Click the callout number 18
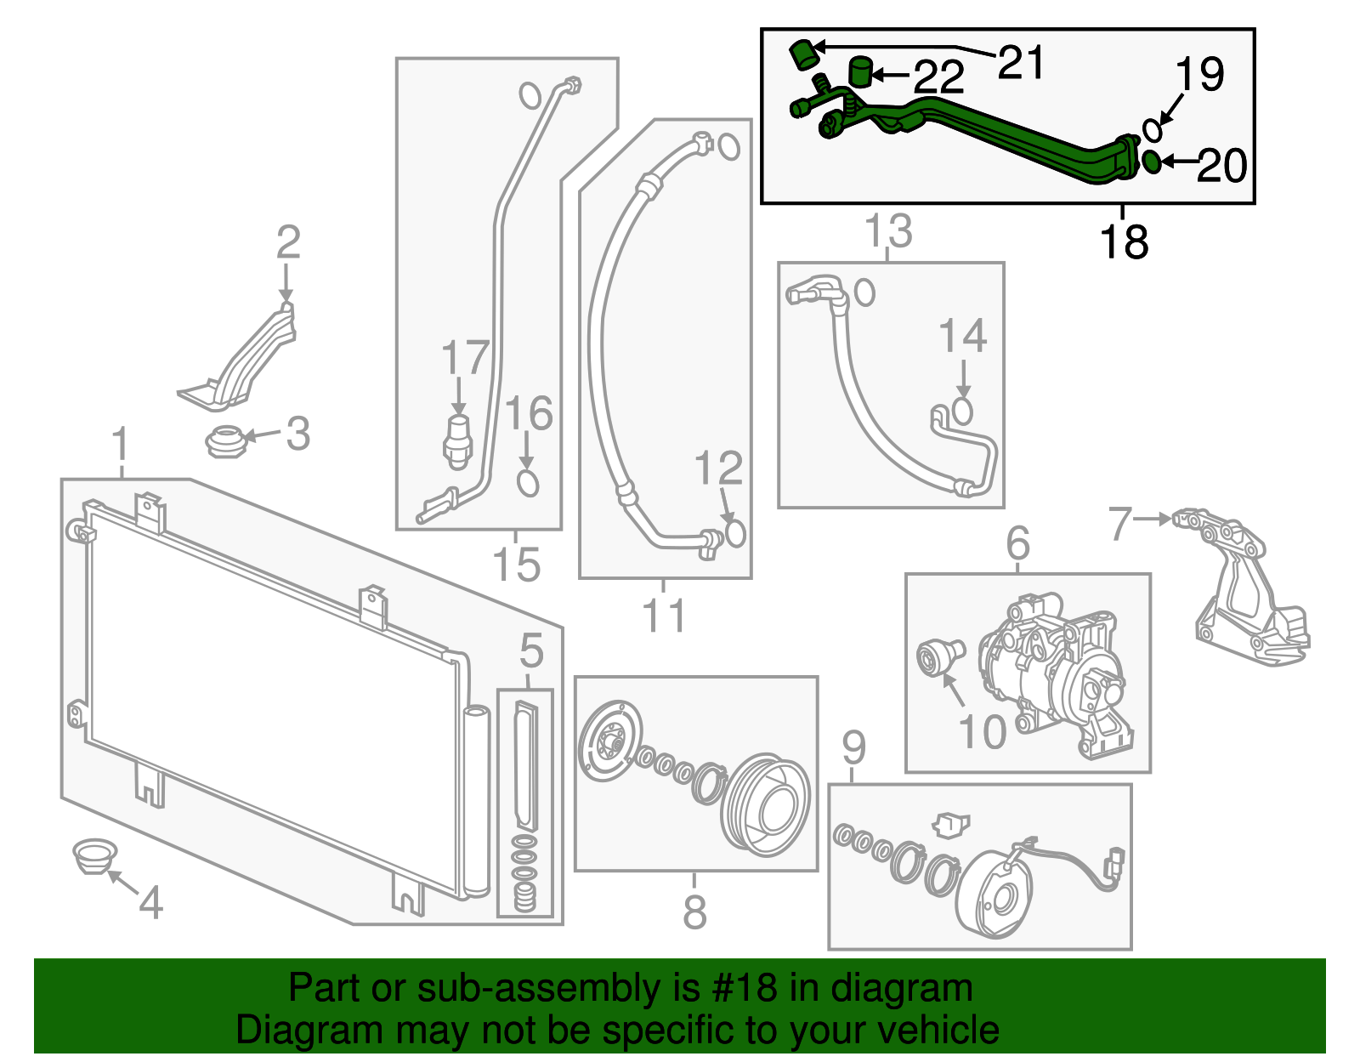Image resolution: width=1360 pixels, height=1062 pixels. tap(1124, 241)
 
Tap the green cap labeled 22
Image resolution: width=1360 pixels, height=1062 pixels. tap(861, 72)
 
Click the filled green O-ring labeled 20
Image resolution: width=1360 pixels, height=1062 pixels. tap(1150, 161)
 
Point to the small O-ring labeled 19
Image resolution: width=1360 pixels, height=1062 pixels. tap(1152, 130)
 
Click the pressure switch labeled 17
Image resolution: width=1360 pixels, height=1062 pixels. tap(457, 439)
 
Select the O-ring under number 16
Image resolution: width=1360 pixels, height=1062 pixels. tap(528, 483)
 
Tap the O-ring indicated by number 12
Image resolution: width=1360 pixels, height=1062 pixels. tap(735, 533)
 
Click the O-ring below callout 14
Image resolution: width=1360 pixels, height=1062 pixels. tap(962, 411)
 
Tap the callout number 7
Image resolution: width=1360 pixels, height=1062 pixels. tap(1120, 524)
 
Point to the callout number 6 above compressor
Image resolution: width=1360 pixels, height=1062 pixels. tap(1017, 543)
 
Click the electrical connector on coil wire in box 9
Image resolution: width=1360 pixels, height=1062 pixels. tap(1113, 865)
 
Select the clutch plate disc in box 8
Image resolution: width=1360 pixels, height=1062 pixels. tap(609, 741)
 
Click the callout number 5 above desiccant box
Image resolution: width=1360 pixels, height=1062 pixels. tap(531, 651)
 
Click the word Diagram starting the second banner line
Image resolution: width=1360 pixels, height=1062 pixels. tap(297, 1030)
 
